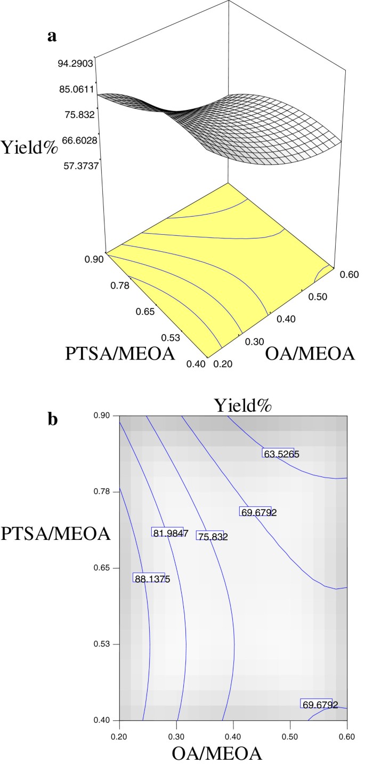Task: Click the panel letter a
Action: tap(52, 36)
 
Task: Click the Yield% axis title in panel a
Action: tap(30, 146)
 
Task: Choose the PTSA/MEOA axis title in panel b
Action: tap(55, 534)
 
